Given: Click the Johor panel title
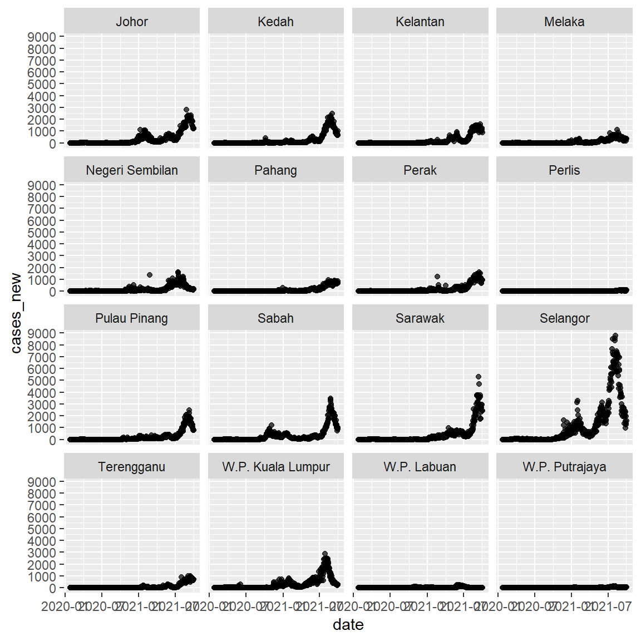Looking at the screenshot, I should coord(132,22).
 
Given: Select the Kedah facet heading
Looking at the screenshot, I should coord(275,22).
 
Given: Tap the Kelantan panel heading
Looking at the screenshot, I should coord(420,22).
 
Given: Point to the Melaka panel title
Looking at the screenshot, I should coord(564,22).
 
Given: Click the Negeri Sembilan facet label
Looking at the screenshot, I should coord(132,170).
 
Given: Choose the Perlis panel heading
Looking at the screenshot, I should coord(564,170).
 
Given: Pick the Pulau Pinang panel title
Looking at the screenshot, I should coord(132,318).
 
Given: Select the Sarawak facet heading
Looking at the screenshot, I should coord(420,318).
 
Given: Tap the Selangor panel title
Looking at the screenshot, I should coord(564,318).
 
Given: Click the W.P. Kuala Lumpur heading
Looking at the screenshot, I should coord(275,467).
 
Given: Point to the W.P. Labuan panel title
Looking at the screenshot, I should coord(420,467).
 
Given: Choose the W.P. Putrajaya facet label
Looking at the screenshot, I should coord(564,467).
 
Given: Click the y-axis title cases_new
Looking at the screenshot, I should coord(16,313).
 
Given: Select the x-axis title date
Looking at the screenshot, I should coord(348,625).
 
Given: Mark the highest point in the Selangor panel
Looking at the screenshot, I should coord(615,336).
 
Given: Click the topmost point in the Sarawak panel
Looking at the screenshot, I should coord(479,377).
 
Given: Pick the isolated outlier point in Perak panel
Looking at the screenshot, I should coord(437,277).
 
